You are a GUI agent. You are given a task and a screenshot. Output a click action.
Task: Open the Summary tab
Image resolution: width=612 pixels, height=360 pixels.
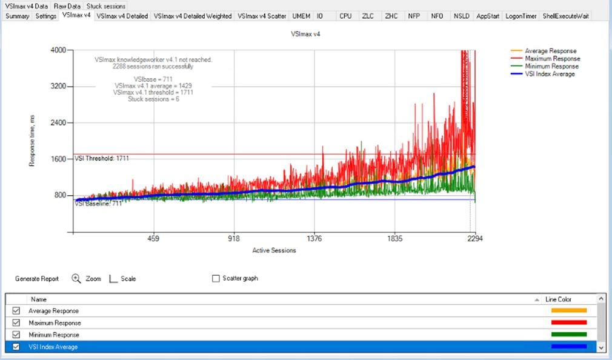(x=17, y=16)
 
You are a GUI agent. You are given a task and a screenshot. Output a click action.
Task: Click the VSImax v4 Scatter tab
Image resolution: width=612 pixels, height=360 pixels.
(x=262, y=16)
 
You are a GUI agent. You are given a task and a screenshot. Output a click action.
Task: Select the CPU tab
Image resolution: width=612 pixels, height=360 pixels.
(x=345, y=16)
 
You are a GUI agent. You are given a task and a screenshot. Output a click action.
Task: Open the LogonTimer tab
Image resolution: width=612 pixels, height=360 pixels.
(x=520, y=16)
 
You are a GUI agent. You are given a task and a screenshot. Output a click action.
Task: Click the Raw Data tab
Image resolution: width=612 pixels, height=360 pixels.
(x=66, y=6)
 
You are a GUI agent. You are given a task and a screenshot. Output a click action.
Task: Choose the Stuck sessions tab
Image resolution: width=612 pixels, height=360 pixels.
(x=106, y=6)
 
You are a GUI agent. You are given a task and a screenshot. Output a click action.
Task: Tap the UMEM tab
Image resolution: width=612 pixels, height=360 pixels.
(x=301, y=16)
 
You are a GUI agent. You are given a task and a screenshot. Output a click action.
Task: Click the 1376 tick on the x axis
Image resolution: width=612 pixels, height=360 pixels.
(x=314, y=239)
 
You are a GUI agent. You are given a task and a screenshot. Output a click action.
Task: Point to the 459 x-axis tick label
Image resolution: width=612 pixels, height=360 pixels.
(x=153, y=239)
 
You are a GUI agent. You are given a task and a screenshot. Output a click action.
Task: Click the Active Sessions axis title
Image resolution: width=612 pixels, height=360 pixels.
(x=274, y=250)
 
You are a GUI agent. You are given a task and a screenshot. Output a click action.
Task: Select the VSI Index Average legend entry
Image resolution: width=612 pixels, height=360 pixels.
(x=550, y=74)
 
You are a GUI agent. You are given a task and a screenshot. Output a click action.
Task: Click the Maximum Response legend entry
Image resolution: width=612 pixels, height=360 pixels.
(x=552, y=59)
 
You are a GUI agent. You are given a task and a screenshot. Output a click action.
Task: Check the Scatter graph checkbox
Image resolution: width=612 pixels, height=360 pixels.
(x=216, y=279)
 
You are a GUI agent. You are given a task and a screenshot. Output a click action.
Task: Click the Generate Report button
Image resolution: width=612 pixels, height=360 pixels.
(x=37, y=279)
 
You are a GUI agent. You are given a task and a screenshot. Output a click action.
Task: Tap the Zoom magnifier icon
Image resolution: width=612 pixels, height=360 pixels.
(x=76, y=279)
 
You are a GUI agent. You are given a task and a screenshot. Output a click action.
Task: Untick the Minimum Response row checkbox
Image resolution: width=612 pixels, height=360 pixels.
(x=16, y=335)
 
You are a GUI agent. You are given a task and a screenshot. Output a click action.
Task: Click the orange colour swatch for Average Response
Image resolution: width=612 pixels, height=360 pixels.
(x=569, y=311)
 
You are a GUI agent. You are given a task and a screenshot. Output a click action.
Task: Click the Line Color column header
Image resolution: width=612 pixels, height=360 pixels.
(x=558, y=299)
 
